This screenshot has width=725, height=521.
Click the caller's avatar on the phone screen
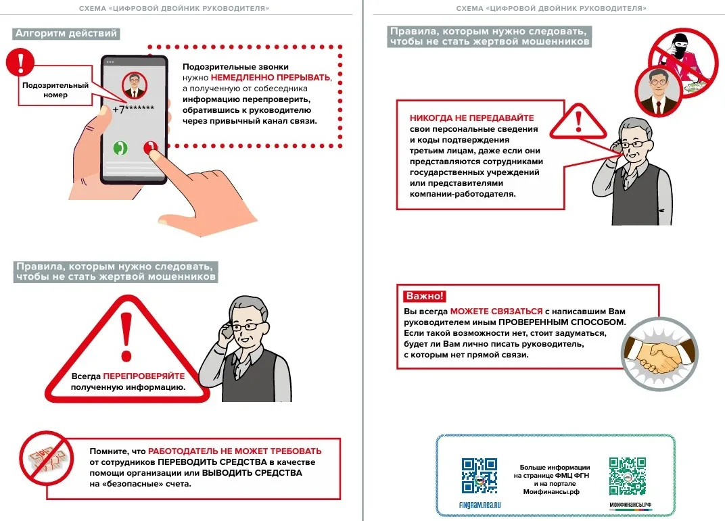[135, 86]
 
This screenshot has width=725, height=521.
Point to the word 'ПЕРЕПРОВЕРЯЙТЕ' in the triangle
[143, 376]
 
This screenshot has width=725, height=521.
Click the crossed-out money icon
[45, 458]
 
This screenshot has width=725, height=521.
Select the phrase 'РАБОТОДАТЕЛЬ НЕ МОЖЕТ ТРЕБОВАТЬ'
[235, 451]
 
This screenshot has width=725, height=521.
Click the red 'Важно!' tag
[425, 296]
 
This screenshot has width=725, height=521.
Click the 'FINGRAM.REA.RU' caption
[480, 505]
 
